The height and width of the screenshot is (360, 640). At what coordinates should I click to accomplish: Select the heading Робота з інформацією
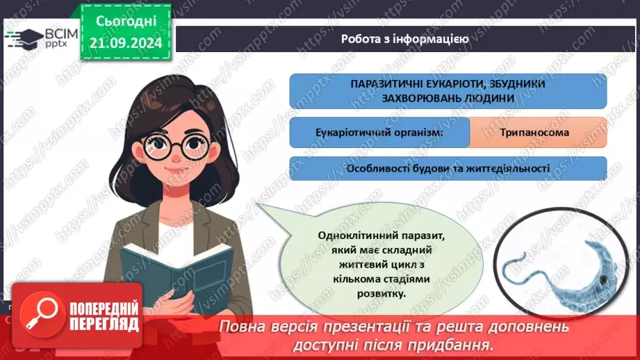tap(404, 39)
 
